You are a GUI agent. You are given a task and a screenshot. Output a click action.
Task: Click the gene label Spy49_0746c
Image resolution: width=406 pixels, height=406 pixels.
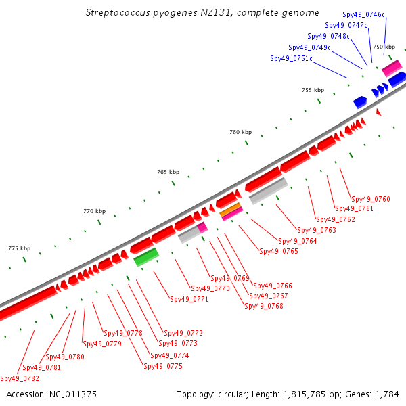pos(363,14)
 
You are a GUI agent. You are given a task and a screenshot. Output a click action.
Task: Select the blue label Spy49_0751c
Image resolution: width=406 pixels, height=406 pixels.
pos(291,58)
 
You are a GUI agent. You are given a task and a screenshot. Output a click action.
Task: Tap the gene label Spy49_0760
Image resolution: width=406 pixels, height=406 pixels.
pos(371,199)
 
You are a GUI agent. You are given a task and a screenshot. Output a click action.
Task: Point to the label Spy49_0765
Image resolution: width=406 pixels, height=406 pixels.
pos(279,251)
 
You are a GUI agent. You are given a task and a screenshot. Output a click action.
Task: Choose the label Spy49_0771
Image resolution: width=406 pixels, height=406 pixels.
pos(189,299)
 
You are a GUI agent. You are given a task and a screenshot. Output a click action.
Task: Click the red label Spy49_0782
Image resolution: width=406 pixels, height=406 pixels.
pos(20,378)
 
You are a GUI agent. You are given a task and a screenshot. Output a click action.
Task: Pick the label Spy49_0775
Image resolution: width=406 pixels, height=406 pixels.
pos(163,366)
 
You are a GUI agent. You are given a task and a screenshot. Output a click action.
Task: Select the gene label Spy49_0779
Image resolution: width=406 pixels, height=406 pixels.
pos(102,344)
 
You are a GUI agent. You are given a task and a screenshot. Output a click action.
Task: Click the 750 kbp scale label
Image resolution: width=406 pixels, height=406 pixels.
pos(384,47)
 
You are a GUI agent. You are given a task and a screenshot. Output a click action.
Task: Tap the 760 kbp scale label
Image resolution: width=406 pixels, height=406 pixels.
pos(240,132)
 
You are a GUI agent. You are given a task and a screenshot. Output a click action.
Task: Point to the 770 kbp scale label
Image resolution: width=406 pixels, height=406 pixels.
pos(95,211)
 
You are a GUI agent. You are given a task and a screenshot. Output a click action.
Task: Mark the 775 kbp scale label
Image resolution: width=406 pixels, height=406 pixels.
pos(20,248)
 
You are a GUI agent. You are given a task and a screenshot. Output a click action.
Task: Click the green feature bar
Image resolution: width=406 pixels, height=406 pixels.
pos(146,257)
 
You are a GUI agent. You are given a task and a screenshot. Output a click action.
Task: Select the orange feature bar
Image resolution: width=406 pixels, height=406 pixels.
pos(231,209)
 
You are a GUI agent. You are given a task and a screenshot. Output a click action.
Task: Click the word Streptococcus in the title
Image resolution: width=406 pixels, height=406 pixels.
pos(118,13)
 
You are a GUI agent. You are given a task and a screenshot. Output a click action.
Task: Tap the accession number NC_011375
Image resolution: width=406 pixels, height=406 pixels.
pos(73,394)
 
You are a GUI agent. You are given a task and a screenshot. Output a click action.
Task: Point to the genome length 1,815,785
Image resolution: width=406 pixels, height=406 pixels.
pos(304,394)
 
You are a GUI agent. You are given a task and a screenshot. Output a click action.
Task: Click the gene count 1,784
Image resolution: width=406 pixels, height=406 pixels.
pos(387,394)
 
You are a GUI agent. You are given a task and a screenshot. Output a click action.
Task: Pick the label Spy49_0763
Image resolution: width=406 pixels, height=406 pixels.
pos(317,230)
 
